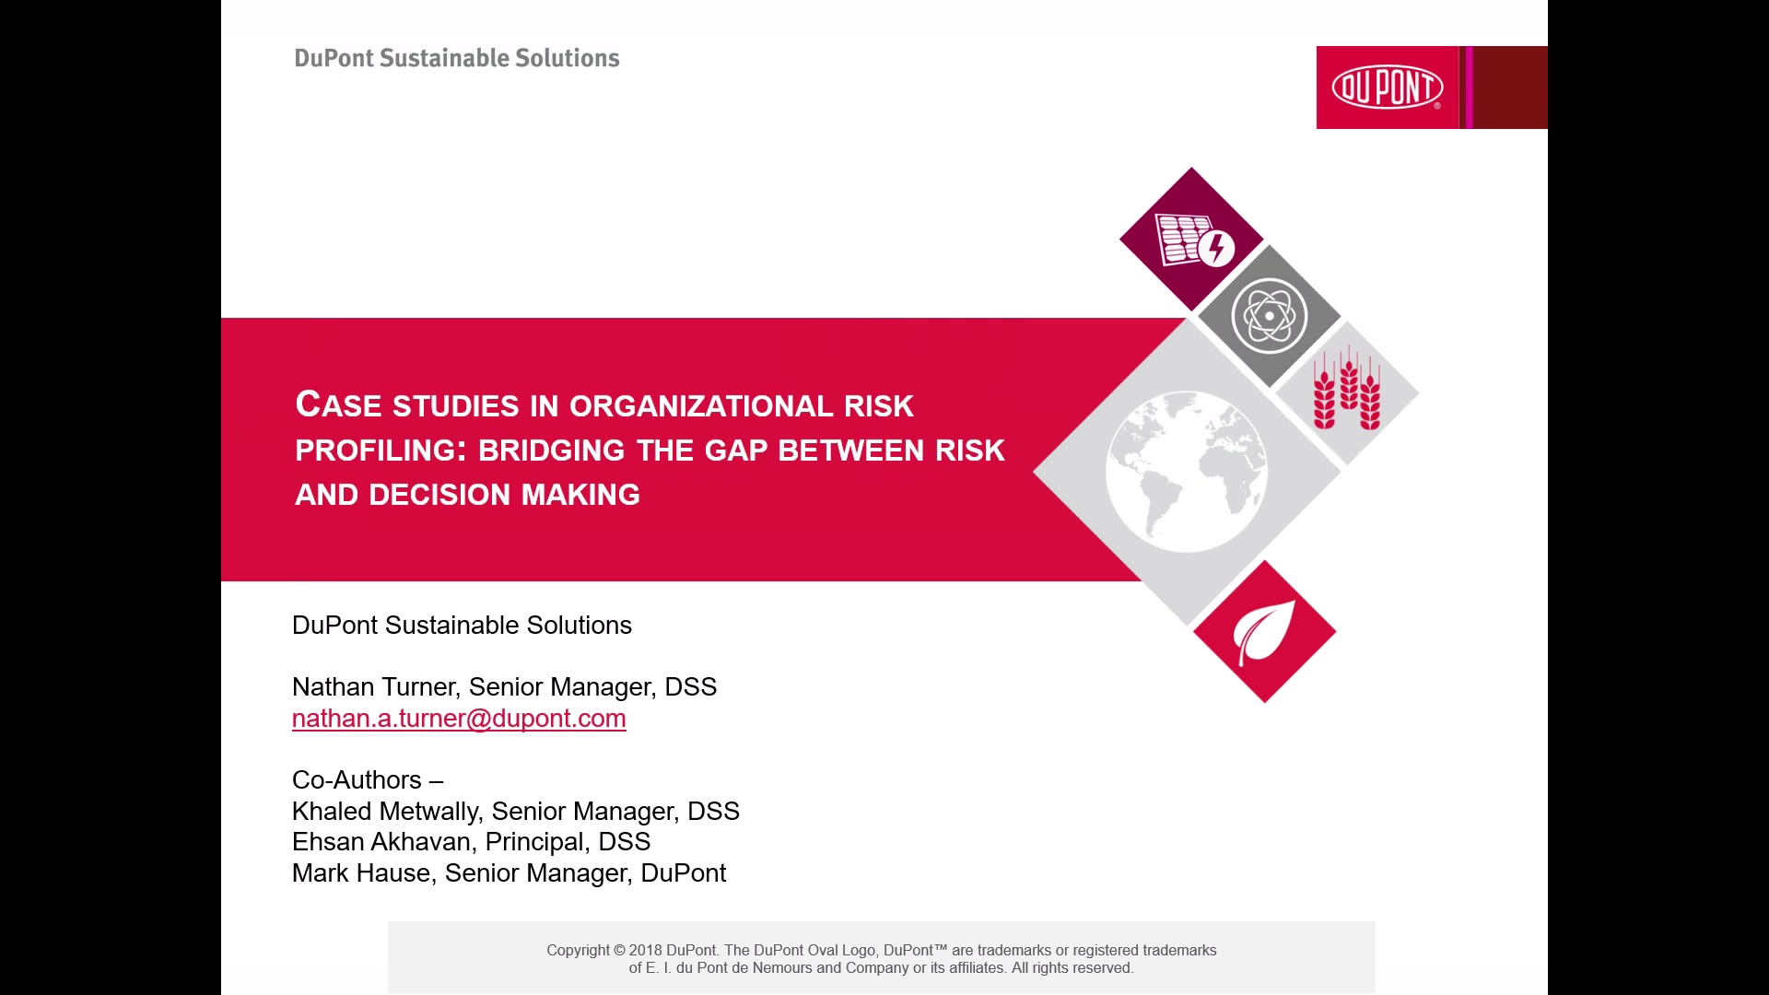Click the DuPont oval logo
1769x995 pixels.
1387,88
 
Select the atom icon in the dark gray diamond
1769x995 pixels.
1269,316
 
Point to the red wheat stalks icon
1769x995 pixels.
1347,388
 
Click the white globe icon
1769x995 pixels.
1187,472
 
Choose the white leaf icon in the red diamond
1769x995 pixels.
1264,632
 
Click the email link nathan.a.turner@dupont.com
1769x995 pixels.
459,719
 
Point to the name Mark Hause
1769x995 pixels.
361,872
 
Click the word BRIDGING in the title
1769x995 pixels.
552,451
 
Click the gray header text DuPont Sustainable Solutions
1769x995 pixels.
457,58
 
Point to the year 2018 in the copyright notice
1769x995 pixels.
646,950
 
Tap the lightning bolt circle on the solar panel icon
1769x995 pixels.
1217,248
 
